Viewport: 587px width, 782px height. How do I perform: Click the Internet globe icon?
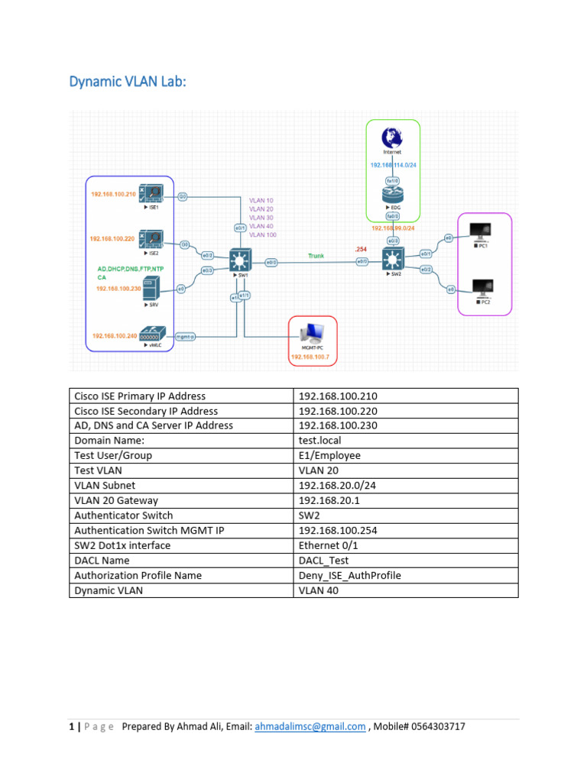click(x=391, y=137)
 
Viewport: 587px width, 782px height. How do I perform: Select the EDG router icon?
click(x=391, y=196)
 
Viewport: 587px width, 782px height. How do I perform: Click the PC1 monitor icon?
click(x=482, y=231)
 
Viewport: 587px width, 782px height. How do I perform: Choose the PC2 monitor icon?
click(x=482, y=288)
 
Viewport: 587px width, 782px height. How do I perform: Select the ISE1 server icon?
click(x=149, y=194)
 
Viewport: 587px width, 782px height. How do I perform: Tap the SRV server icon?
click(x=151, y=289)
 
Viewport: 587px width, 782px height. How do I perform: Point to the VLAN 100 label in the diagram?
click(x=262, y=235)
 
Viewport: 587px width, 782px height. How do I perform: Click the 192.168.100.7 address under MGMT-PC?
click(x=312, y=357)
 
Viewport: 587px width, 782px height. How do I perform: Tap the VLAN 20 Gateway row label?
click(x=115, y=500)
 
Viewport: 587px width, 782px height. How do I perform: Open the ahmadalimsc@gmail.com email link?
click(x=310, y=726)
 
